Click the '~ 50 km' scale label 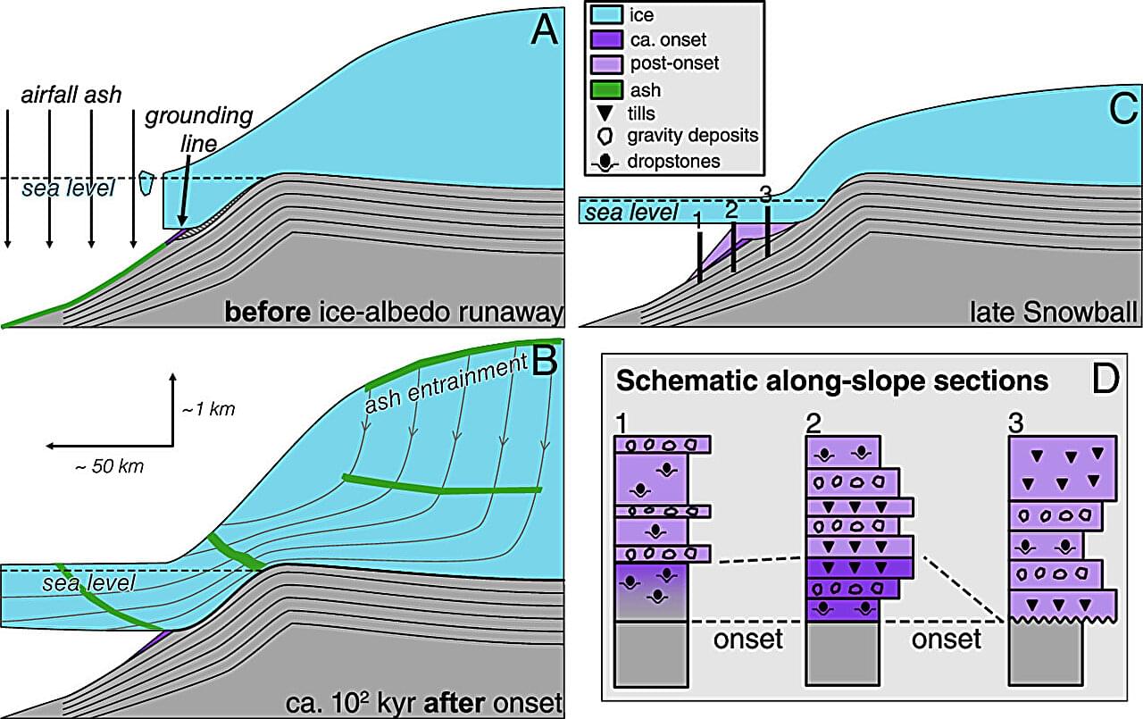point(107,465)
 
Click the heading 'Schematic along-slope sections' point(833,381)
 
